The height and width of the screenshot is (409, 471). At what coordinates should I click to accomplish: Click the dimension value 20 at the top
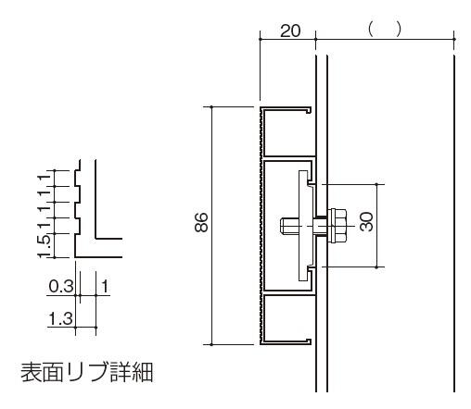[290, 31]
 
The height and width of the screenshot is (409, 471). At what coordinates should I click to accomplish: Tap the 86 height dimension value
[201, 222]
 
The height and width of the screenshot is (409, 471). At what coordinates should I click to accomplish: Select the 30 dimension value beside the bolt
[367, 221]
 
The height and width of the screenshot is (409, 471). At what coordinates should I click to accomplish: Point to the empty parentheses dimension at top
[385, 29]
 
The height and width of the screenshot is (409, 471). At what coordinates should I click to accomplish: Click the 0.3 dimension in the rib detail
[61, 286]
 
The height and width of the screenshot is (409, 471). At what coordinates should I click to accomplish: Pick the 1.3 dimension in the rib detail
[61, 318]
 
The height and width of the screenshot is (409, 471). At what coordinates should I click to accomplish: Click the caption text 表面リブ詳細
[87, 372]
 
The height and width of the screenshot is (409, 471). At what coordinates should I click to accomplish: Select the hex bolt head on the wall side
[337, 226]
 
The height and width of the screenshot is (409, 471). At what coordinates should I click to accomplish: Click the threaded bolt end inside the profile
[288, 226]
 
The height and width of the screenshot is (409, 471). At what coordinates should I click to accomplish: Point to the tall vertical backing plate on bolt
[303, 226]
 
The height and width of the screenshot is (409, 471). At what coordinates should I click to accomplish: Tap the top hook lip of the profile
[308, 110]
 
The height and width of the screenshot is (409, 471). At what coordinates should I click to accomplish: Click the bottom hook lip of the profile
[308, 341]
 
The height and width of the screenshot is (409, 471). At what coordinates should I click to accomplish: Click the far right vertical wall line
[454, 223]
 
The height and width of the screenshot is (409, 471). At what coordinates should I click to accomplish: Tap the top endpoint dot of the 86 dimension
[211, 107]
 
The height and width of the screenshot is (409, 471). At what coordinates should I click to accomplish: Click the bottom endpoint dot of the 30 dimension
[376, 267]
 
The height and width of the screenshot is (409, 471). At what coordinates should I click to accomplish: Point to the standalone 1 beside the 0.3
[105, 286]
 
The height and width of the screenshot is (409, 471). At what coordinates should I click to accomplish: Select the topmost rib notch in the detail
[77, 179]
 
